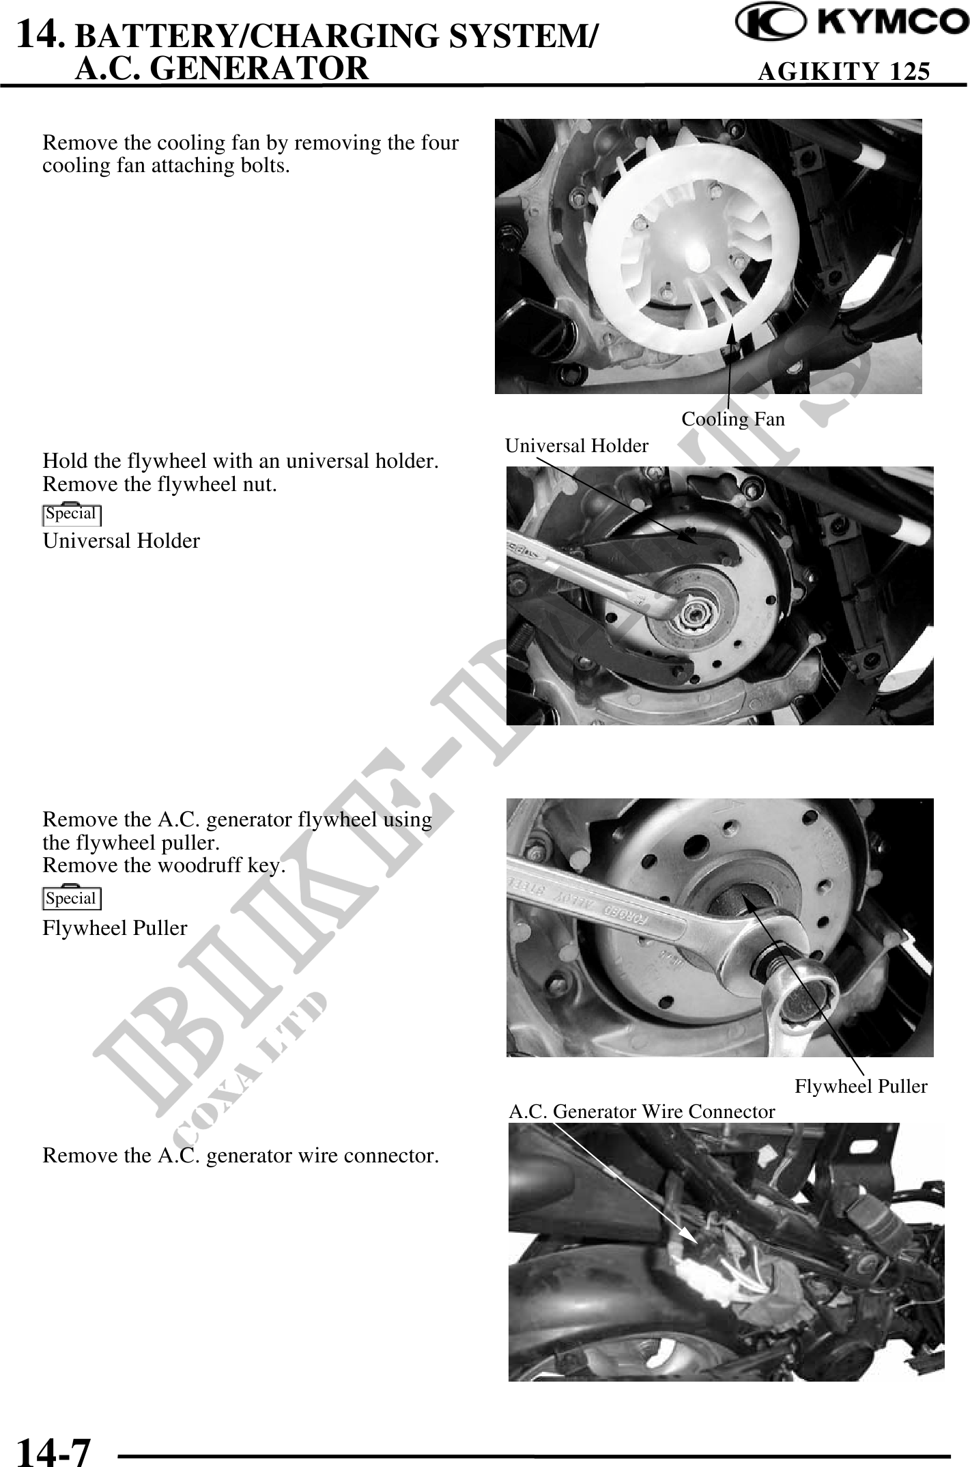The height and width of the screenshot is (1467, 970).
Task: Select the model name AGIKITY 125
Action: pos(844,70)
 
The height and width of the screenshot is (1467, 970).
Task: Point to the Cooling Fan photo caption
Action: pos(733,419)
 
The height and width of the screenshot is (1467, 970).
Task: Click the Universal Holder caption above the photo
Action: pos(577,446)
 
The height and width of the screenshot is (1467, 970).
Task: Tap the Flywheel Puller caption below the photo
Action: pos(861,1086)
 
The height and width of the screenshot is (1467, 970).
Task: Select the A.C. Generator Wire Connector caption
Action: pos(642,1112)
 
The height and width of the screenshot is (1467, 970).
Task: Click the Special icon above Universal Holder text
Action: pos(72,514)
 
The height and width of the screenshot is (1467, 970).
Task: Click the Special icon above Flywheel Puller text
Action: pos(72,898)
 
